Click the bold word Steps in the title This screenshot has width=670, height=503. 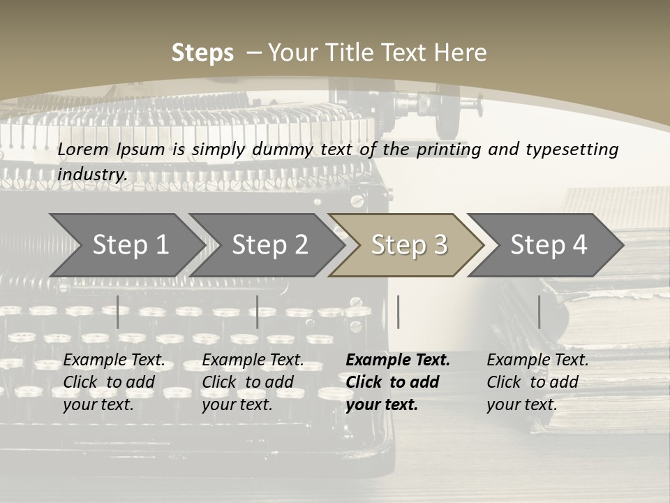(x=202, y=53)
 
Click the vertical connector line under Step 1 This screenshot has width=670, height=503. (x=118, y=312)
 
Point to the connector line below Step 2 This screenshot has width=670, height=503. (x=258, y=312)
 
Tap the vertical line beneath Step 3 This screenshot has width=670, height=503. (x=398, y=312)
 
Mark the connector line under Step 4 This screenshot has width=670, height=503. (x=539, y=312)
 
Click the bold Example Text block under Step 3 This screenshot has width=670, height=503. (x=398, y=382)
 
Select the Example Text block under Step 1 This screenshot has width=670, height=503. (x=114, y=382)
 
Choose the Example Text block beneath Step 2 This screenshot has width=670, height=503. (x=253, y=382)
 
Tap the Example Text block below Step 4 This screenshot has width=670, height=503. (x=537, y=382)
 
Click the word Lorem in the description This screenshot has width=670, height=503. (x=83, y=149)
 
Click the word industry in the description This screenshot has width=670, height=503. (x=91, y=174)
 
